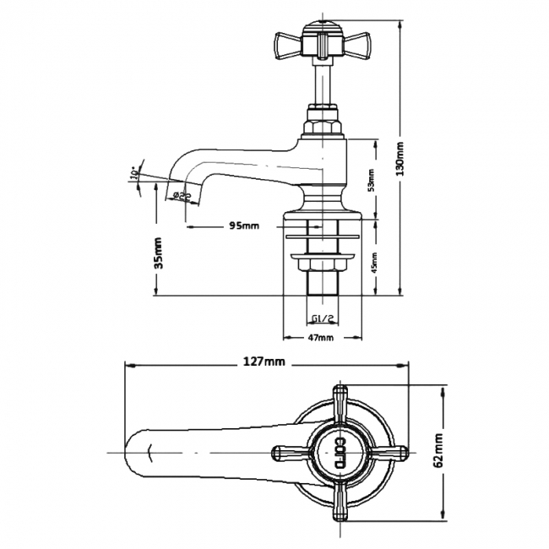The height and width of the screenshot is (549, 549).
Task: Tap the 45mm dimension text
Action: [372, 263]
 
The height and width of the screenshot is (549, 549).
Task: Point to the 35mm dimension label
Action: [159, 253]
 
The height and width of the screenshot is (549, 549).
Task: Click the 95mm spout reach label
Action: [245, 226]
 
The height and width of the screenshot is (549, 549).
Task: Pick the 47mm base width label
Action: [322, 337]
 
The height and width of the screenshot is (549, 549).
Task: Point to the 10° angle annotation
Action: [134, 174]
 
